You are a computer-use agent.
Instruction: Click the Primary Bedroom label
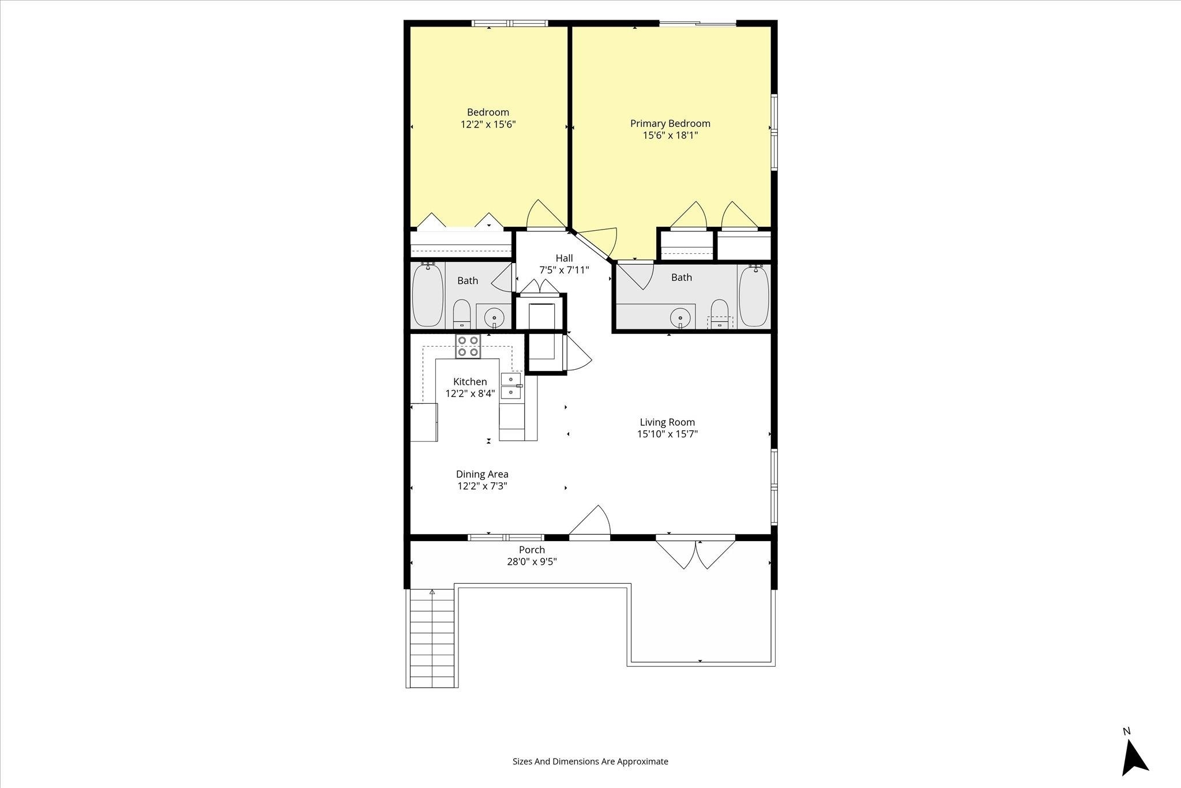pyautogui.click(x=670, y=123)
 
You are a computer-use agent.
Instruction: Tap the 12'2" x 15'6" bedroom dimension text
pyautogui.click(x=488, y=124)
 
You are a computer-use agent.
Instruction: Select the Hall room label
pyautogui.click(x=564, y=258)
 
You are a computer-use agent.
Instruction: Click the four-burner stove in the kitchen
pyautogui.click(x=468, y=346)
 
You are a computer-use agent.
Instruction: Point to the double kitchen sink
pyautogui.click(x=511, y=386)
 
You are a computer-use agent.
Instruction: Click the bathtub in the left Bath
pyautogui.click(x=428, y=295)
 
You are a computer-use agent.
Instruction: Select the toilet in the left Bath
pyautogui.click(x=462, y=314)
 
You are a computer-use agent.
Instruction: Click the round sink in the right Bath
pyautogui.click(x=680, y=317)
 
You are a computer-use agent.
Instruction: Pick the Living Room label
pyautogui.click(x=667, y=422)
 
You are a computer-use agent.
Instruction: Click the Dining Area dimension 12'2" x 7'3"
pyautogui.click(x=482, y=486)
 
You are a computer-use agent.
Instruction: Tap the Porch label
pyautogui.click(x=532, y=550)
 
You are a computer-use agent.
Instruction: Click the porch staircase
pyautogui.click(x=431, y=638)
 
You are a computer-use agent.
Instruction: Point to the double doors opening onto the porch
pyautogui.click(x=696, y=552)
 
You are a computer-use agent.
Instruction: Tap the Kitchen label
pyautogui.click(x=470, y=382)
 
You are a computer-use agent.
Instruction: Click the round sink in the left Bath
pyautogui.click(x=494, y=317)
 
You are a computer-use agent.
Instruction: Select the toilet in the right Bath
pyautogui.click(x=719, y=314)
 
